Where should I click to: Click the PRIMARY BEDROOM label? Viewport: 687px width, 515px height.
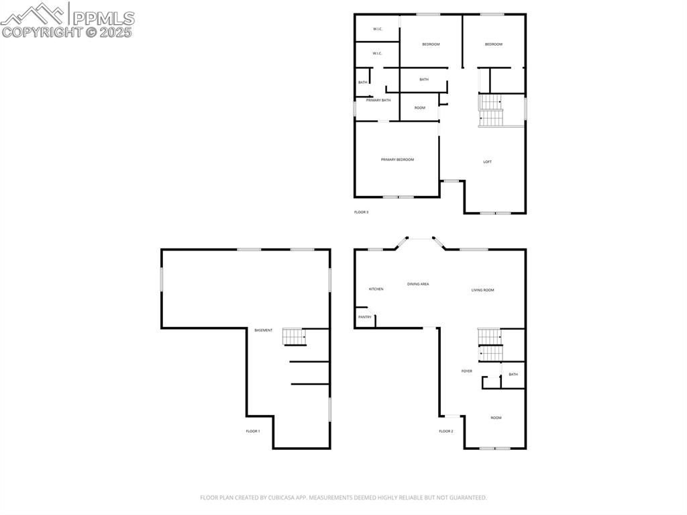(x=397, y=160)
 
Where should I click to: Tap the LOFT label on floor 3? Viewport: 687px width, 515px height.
(x=488, y=162)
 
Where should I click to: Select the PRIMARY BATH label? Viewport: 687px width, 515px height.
(x=378, y=100)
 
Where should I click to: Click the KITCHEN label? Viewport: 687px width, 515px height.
(x=376, y=289)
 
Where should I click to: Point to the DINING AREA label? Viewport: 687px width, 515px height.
(x=418, y=284)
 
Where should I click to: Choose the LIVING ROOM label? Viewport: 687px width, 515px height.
(x=482, y=290)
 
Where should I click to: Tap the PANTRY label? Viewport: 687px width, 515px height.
(x=365, y=317)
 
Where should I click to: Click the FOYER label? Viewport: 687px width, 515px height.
(x=466, y=371)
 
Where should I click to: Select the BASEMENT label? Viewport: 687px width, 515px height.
(x=264, y=330)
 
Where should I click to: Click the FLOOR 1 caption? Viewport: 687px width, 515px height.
(x=253, y=431)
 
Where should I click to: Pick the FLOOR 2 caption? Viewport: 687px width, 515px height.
(x=446, y=431)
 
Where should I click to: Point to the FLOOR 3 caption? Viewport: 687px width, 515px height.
(x=361, y=212)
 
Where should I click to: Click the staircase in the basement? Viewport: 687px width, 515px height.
(x=294, y=336)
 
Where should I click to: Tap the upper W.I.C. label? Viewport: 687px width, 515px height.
(x=377, y=29)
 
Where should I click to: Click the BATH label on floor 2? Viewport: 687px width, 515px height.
(x=513, y=375)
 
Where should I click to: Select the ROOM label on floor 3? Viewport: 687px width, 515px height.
(x=420, y=108)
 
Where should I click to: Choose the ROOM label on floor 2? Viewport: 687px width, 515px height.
(x=496, y=418)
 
